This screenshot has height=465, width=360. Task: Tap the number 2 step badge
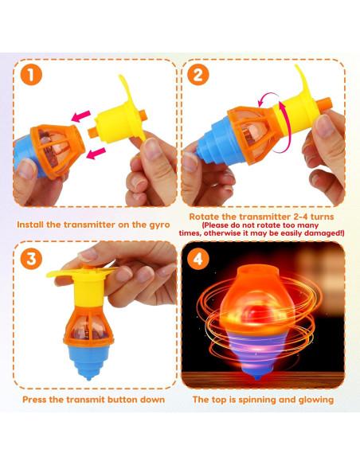pos(198,76)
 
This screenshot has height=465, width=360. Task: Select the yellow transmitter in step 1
pos(119,119)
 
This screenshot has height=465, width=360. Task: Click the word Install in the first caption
pos(34,225)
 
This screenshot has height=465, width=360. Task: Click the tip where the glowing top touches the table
pos(264,374)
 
